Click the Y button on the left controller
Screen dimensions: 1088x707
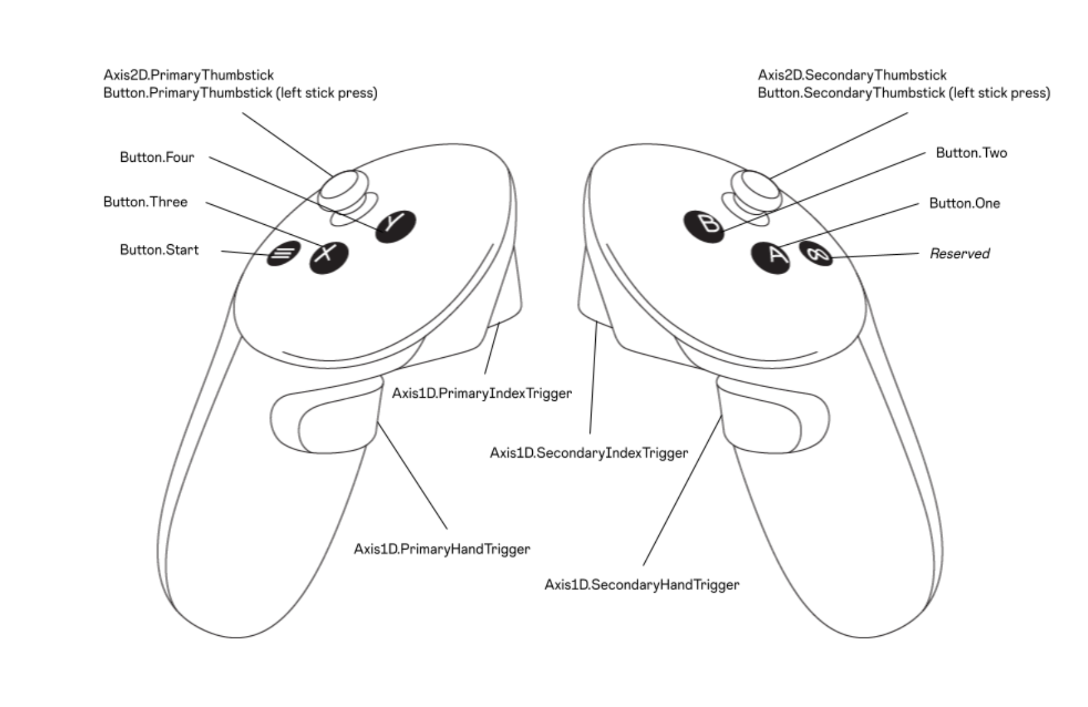395,225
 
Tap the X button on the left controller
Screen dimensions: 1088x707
329,256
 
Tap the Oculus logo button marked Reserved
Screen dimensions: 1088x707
816,254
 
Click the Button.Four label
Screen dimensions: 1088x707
157,157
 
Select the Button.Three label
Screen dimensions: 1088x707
145,202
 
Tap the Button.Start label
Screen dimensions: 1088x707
159,250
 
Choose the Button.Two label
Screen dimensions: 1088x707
971,153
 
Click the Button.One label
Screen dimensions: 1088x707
964,204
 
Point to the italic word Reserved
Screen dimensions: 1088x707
959,254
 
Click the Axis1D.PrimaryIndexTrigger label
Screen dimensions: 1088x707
482,393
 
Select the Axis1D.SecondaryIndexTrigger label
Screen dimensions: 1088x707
588,453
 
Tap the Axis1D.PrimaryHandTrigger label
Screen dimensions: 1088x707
442,549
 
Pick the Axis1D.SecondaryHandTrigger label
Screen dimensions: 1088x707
641,585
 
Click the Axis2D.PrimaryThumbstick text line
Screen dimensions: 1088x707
189,76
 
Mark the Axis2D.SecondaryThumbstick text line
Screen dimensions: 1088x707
852,76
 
